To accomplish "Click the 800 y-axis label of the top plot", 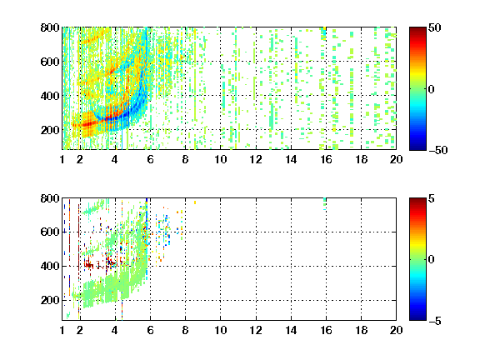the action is coord(50,27).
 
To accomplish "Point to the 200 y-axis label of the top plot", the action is coord(50,130).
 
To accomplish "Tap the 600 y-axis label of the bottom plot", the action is coord(50,232).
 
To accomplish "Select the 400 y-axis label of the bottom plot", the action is coord(50,266).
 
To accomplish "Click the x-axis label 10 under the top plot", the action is coord(220,159).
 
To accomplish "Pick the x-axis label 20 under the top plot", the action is coord(396,159).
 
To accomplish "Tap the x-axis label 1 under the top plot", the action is coord(62,159).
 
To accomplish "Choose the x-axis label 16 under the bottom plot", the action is coord(327,330).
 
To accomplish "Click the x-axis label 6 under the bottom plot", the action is coord(150,330).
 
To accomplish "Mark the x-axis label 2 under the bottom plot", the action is coord(80,330).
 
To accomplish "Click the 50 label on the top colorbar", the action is coord(434,27).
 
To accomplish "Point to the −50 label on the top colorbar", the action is coord(438,150).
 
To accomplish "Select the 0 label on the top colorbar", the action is coord(432,89).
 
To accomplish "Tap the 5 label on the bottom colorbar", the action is coord(432,198).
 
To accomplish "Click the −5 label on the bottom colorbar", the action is coord(435,321).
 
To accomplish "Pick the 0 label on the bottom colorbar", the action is coord(432,260).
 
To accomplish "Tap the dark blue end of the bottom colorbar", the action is coord(417,318).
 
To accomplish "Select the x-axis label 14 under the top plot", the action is coord(291,159).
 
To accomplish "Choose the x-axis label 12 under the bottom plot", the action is coord(256,330).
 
